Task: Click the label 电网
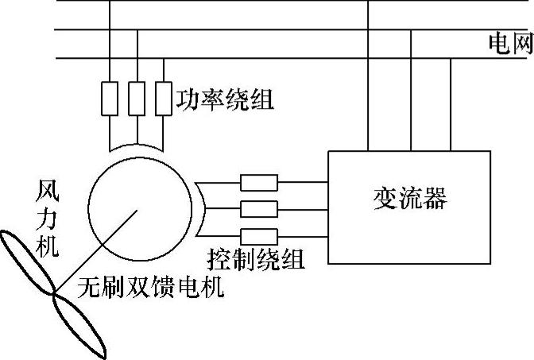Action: coord(509,45)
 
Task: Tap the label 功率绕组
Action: coord(224,99)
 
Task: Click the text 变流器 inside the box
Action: coord(409,197)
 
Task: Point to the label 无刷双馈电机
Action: coord(151,287)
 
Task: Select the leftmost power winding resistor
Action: coord(110,98)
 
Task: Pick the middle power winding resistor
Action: coord(137,98)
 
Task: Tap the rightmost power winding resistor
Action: coord(164,98)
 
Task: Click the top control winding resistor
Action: coord(259,184)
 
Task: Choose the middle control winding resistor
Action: coord(259,210)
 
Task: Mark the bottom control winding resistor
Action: coord(259,236)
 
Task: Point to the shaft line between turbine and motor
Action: coord(95,251)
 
